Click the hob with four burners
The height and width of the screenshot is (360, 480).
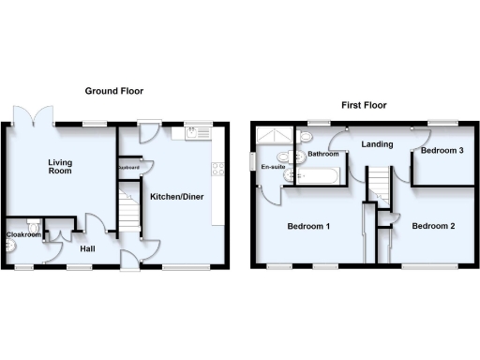(x=217, y=170)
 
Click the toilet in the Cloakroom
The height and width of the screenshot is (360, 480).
(x=34, y=225)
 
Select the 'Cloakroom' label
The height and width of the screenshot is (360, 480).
(x=23, y=234)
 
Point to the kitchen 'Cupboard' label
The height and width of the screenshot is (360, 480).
(x=128, y=168)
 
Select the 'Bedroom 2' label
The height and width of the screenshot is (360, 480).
(x=433, y=225)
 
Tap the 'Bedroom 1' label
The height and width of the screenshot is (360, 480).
(x=307, y=226)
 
